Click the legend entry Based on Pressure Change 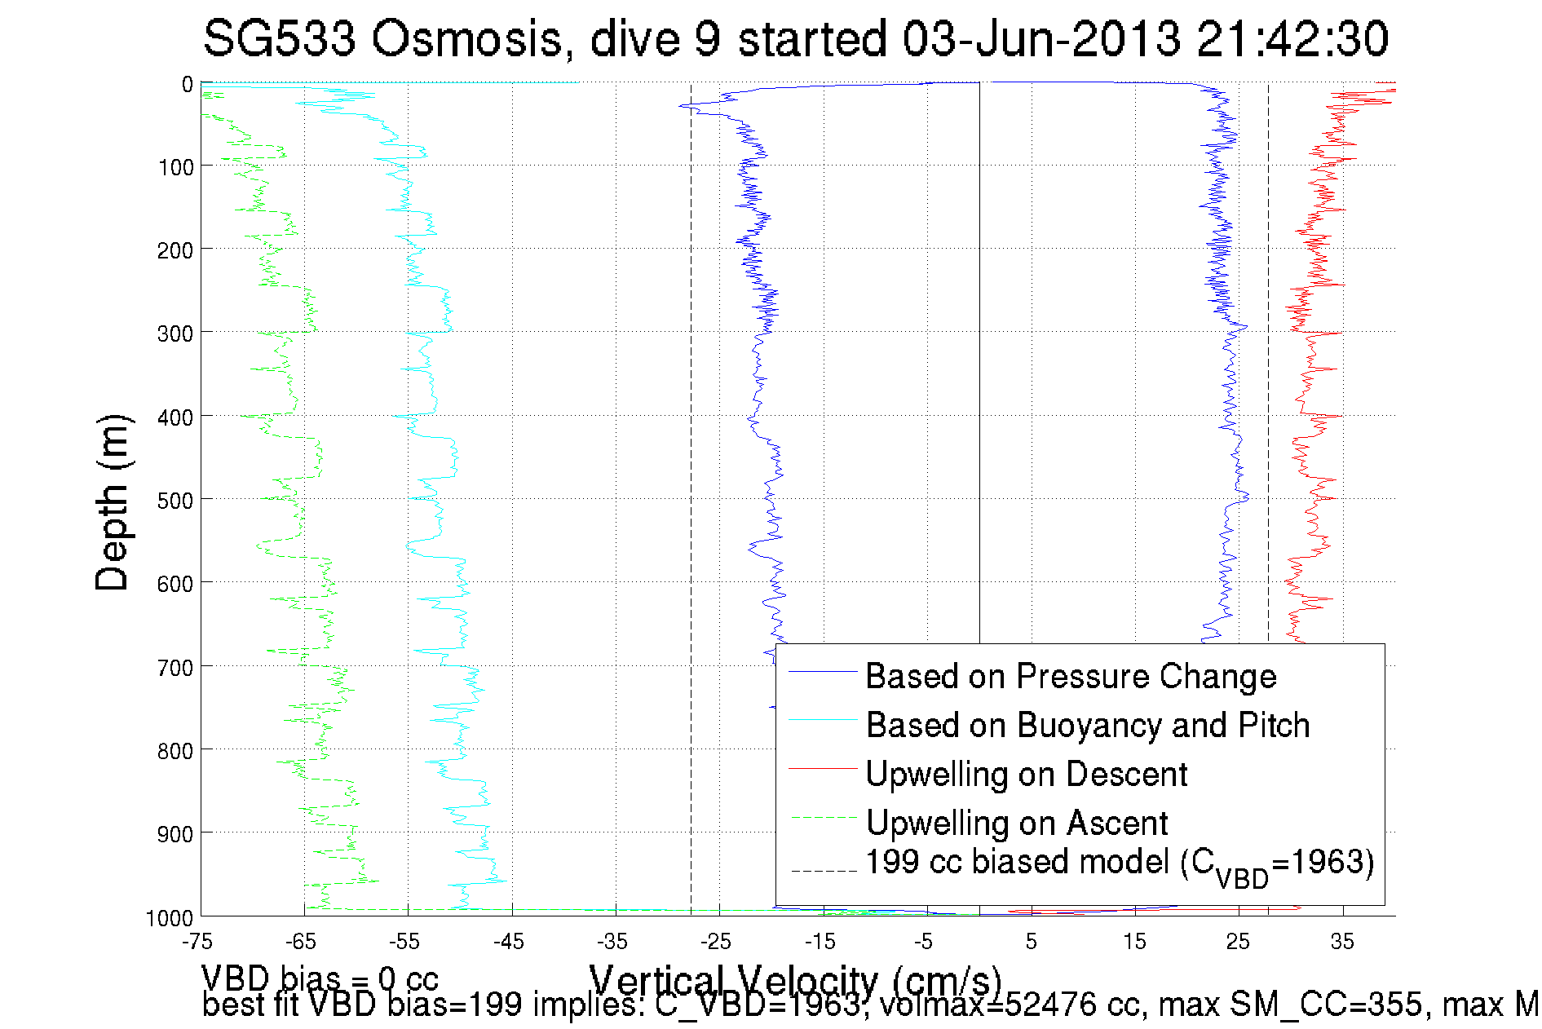coord(1070,677)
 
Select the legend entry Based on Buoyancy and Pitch coord(1087,726)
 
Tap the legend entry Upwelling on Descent coord(1026,775)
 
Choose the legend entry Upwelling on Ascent coord(1016,824)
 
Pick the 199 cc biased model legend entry coord(1119,864)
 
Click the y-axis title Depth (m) coord(113,502)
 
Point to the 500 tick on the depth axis coord(175,501)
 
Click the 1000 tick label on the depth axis coord(170,919)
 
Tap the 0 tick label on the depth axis coord(188,85)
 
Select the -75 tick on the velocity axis coord(197,943)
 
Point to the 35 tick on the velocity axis coord(1342,943)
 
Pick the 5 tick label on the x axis coord(1032,943)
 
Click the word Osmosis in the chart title coord(466,39)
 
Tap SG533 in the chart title coord(279,39)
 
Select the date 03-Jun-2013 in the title coord(1041,39)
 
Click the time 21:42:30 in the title coord(1292,39)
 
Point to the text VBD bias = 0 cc coord(320,978)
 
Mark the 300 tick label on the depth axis coord(175,334)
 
